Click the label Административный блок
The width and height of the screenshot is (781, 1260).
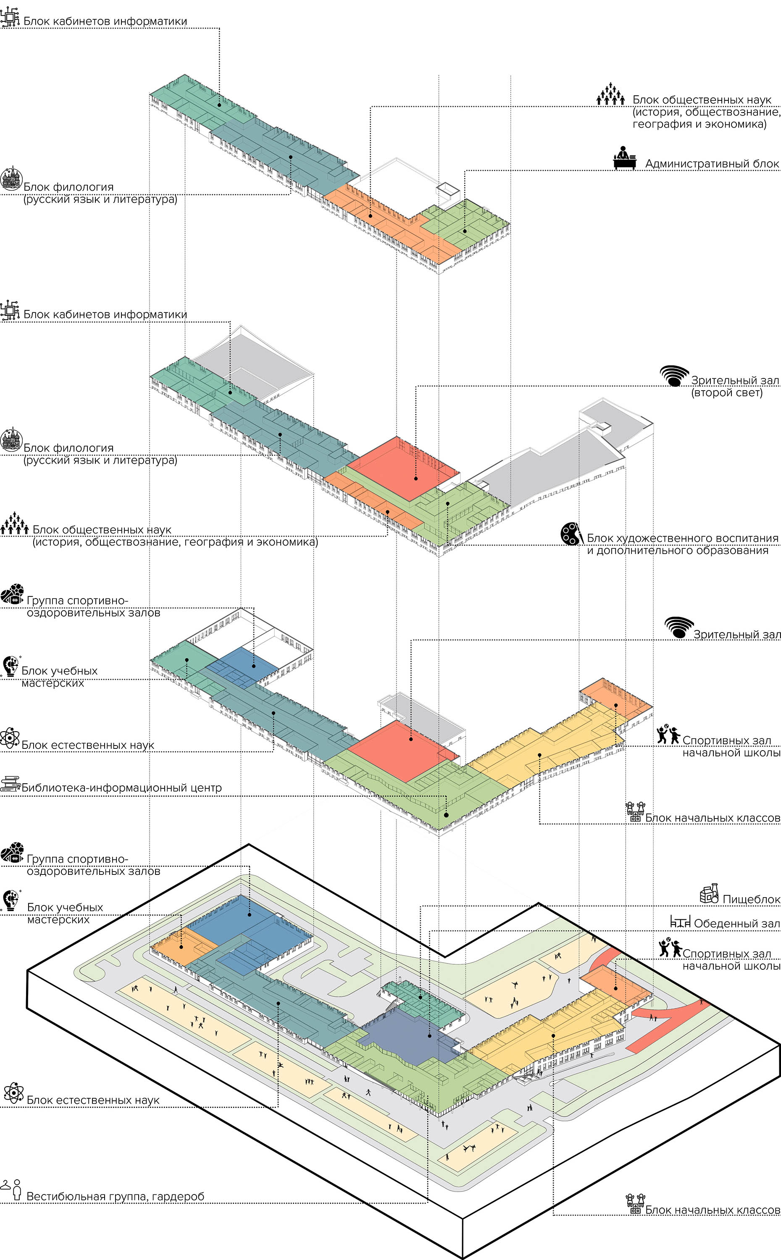point(712,164)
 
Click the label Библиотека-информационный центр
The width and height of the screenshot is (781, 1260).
point(121,788)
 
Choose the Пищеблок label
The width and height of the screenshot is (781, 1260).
point(751,899)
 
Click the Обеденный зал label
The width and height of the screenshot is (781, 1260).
point(736,923)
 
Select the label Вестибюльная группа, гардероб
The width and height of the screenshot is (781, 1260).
point(115,1197)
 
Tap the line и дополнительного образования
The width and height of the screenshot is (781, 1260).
point(678,551)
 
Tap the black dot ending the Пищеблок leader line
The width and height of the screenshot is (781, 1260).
point(421,997)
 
